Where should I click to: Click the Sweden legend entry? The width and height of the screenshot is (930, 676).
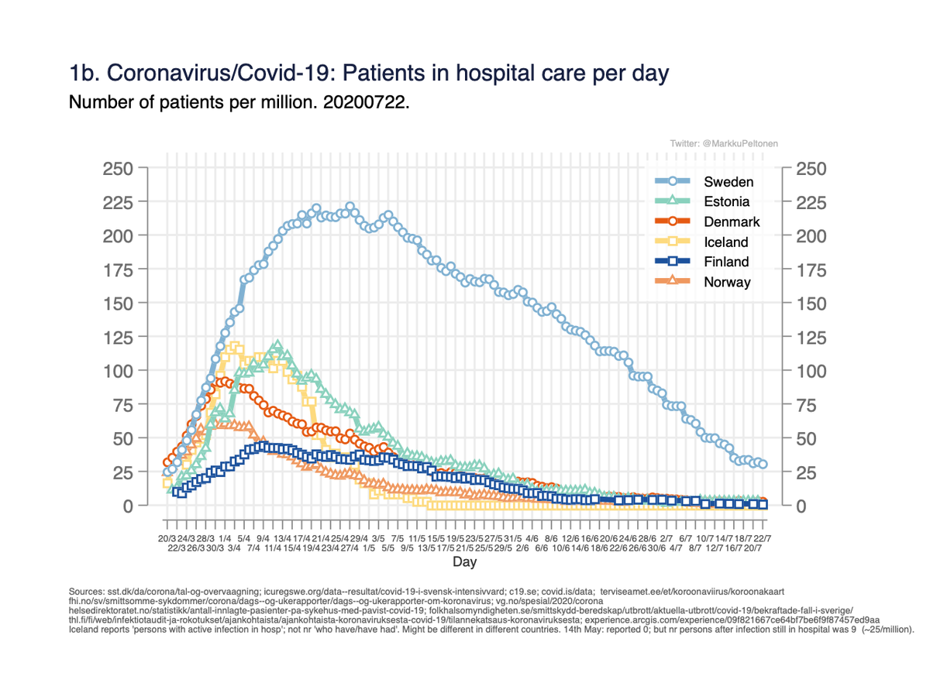pyautogui.click(x=728, y=182)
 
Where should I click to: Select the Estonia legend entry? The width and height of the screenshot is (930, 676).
pyautogui.click(x=726, y=202)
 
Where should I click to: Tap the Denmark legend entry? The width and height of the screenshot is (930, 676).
pyautogui.click(x=731, y=222)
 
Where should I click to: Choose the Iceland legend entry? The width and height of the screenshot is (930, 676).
pyautogui.click(x=725, y=242)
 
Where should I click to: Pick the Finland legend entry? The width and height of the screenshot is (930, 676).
pyautogui.click(x=726, y=263)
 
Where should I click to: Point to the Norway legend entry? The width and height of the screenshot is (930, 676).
pyautogui.click(x=727, y=283)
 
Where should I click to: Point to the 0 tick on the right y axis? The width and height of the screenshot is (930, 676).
pyautogui.click(x=801, y=506)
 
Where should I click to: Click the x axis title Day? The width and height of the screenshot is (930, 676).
pyautogui.click(x=465, y=561)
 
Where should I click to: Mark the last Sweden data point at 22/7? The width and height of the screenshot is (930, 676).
pyautogui.click(x=763, y=464)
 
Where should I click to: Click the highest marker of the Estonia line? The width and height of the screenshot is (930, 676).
pyautogui.click(x=277, y=345)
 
